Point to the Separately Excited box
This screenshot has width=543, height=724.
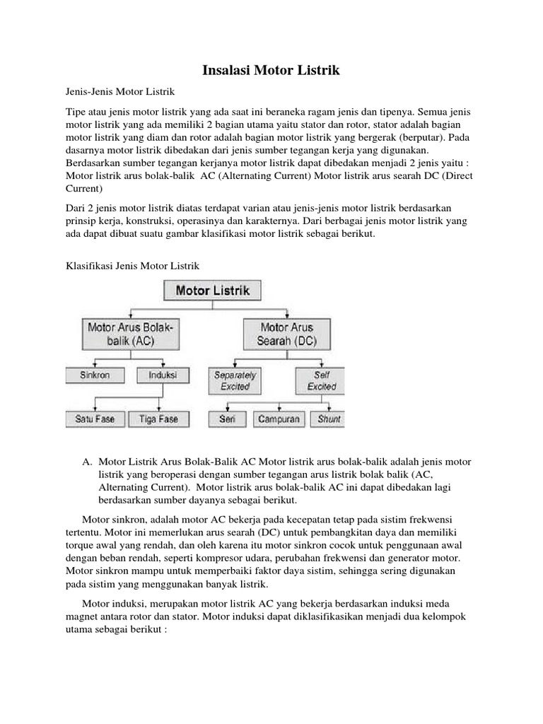point(235,380)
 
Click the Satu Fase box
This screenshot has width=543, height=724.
point(95,419)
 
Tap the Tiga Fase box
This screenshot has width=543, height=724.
point(158,419)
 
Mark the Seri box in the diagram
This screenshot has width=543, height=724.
point(227,419)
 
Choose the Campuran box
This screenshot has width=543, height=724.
point(278,419)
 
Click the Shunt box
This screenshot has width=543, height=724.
point(329,419)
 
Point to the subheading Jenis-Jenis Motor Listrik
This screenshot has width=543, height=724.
point(115,93)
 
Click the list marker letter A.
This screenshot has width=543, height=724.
point(86,462)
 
